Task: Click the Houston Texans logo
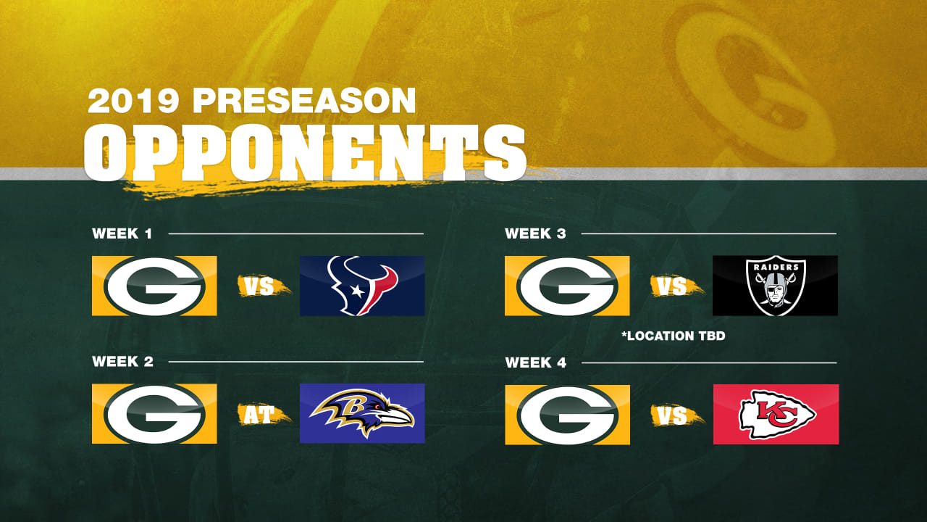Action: (362, 286)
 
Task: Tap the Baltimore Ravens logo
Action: (361, 413)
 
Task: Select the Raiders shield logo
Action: (776, 286)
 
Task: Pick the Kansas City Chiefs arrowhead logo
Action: (777, 414)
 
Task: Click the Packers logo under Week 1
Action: (154, 286)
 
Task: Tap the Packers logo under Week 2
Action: (154, 414)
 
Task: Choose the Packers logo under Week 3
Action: (567, 286)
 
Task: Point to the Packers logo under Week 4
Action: (567, 415)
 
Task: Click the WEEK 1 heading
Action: (122, 233)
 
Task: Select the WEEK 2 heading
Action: (122, 362)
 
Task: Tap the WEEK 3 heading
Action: (535, 233)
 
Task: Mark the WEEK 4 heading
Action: (535, 363)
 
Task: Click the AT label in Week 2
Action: (259, 415)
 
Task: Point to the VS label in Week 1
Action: (259, 286)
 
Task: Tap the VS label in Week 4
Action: (672, 416)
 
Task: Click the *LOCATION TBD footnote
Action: (674, 336)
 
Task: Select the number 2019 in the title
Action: (133, 101)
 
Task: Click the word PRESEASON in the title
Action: (304, 101)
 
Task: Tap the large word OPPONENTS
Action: (305, 153)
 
